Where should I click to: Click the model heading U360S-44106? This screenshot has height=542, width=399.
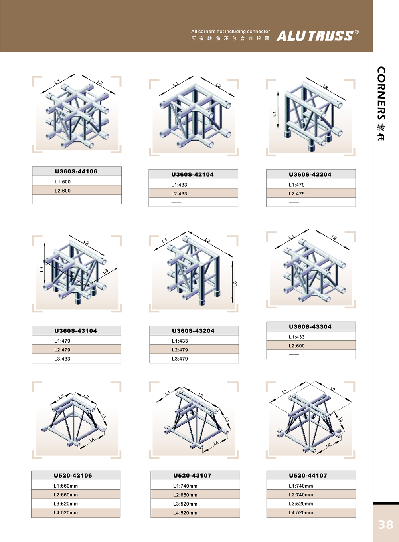[x=76, y=171]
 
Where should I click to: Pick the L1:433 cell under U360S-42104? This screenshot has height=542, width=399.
[x=194, y=185]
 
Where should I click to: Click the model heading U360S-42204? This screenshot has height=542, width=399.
[x=310, y=174]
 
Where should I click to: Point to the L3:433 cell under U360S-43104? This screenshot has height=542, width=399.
[x=77, y=359]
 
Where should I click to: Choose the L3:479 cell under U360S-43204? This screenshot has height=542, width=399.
[x=194, y=359]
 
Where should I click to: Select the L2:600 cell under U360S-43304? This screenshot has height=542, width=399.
[x=311, y=345]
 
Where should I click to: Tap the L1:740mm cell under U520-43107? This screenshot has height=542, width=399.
[x=195, y=486]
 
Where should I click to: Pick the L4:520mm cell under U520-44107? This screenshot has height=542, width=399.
[x=311, y=512]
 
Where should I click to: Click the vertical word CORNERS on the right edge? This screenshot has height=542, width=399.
[x=381, y=93]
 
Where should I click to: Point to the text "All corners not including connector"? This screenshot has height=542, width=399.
[x=230, y=32]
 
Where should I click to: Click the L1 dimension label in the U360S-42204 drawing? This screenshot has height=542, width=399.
[x=275, y=114]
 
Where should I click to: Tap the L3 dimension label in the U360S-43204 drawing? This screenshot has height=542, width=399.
[x=235, y=284]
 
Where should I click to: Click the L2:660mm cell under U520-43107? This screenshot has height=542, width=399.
[x=195, y=495]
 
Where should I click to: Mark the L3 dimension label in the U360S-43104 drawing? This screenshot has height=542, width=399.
[x=105, y=271]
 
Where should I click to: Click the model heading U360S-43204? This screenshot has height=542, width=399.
[x=194, y=331]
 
